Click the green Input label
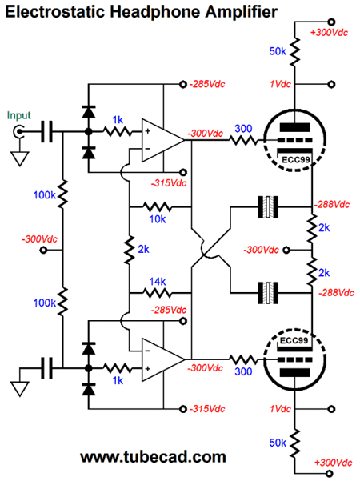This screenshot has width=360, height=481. tap(19, 116)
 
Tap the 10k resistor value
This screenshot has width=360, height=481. tap(158, 219)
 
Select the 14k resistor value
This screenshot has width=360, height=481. tap(158, 281)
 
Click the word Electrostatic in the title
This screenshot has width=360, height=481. tap(55, 12)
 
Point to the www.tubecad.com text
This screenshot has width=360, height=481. tap(153, 457)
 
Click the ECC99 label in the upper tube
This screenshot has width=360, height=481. tap(296, 160)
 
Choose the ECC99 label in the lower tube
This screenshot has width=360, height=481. tap(294, 340)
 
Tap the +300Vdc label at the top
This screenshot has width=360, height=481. tap(329, 33)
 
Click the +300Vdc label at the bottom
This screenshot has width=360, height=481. tap(334, 463)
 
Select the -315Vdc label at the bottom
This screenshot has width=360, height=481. tap(207, 409)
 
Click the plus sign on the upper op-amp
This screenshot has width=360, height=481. tap(148, 131)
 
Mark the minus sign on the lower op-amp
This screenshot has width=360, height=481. tap(148, 351)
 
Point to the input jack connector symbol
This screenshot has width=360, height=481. tap(18, 132)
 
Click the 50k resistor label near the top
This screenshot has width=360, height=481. tap(278, 51)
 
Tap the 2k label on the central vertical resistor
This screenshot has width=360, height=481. tap(143, 249)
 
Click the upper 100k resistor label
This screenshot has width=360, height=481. tap(45, 194)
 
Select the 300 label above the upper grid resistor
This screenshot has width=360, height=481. tap(243, 129)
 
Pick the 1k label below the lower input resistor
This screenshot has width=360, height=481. tap(118, 380)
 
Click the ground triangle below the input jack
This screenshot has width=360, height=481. tap(20, 159)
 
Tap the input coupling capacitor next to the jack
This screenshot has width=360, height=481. tap(46, 132)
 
